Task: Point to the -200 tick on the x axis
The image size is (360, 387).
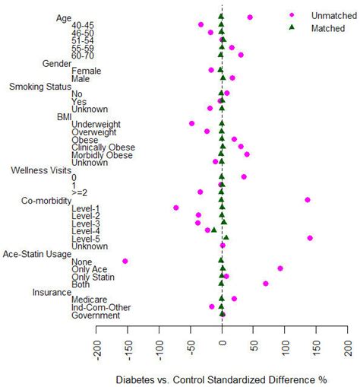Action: click(x=96, y=351)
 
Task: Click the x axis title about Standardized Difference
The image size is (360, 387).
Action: click(x=221, y=379)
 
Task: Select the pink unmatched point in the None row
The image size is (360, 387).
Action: click(x=125, y=261)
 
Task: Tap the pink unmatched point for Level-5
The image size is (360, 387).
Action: click(x=310, y=238)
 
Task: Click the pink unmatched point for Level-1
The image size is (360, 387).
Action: click(x=176, y=208)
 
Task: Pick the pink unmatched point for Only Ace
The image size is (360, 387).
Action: click(x=280, y=268)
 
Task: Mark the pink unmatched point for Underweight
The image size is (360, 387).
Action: click(x=191, y=123)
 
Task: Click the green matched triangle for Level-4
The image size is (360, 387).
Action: click(x=213, y=230)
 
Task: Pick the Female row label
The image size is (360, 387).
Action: click(x=85, y=71)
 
